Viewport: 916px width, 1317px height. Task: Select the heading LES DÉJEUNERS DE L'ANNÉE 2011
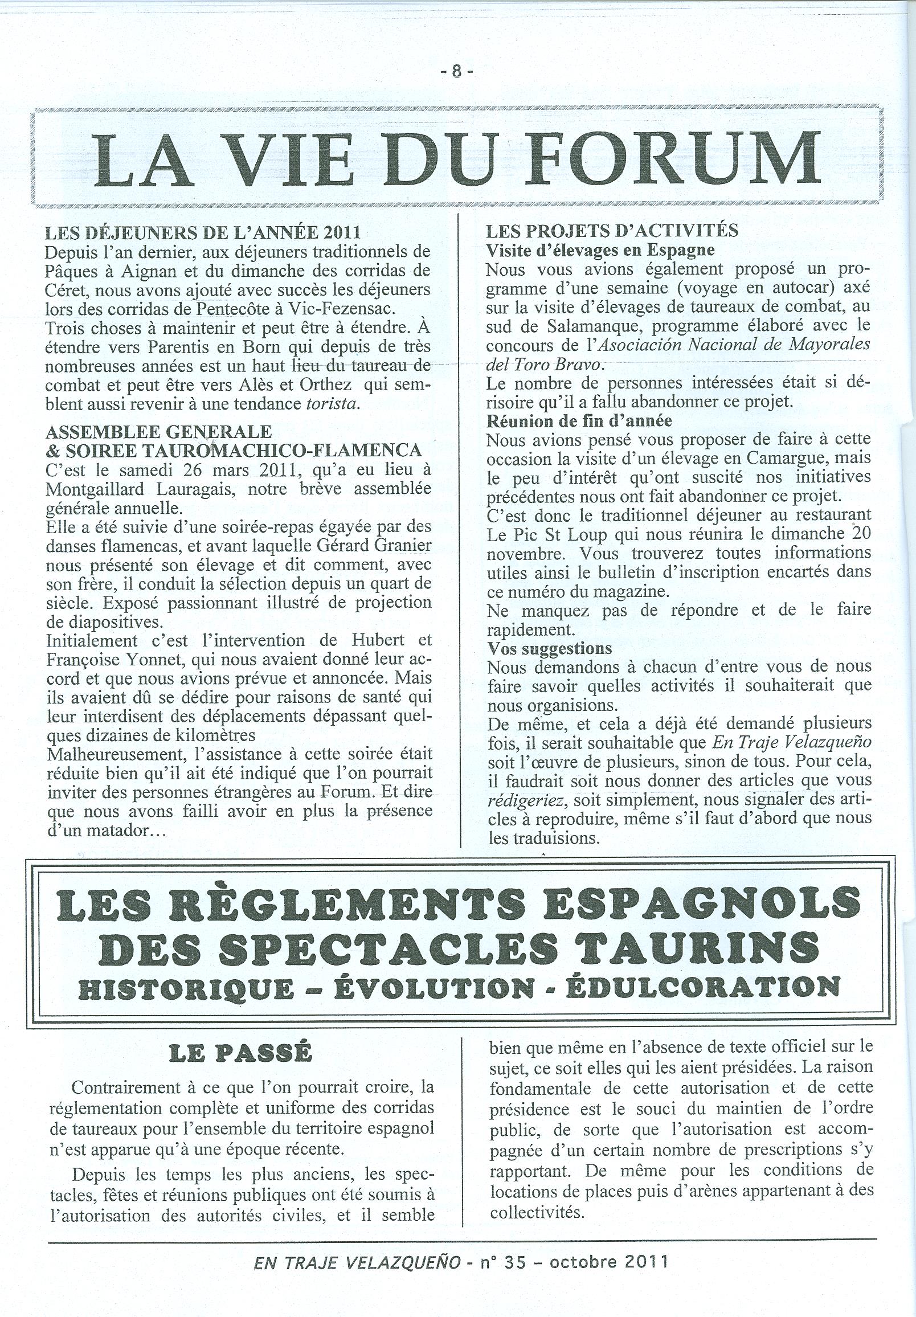point(203,233)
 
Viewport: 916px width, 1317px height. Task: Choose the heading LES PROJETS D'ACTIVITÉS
point(612,231)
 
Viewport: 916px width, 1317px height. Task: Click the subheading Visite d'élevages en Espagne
point(600,250)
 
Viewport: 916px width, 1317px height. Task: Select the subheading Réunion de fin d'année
point(579,420)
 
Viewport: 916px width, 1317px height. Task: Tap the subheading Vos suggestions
point(550,648)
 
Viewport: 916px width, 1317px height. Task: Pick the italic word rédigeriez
point(524,799)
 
